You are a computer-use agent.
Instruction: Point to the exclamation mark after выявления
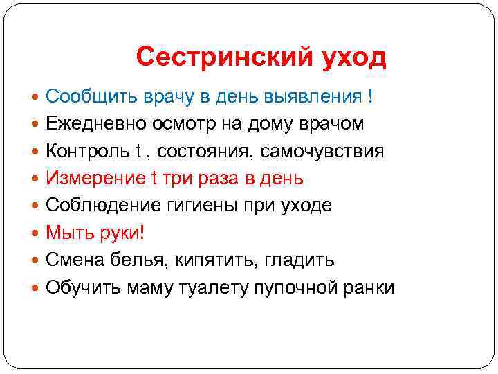[x=371, y=96]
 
